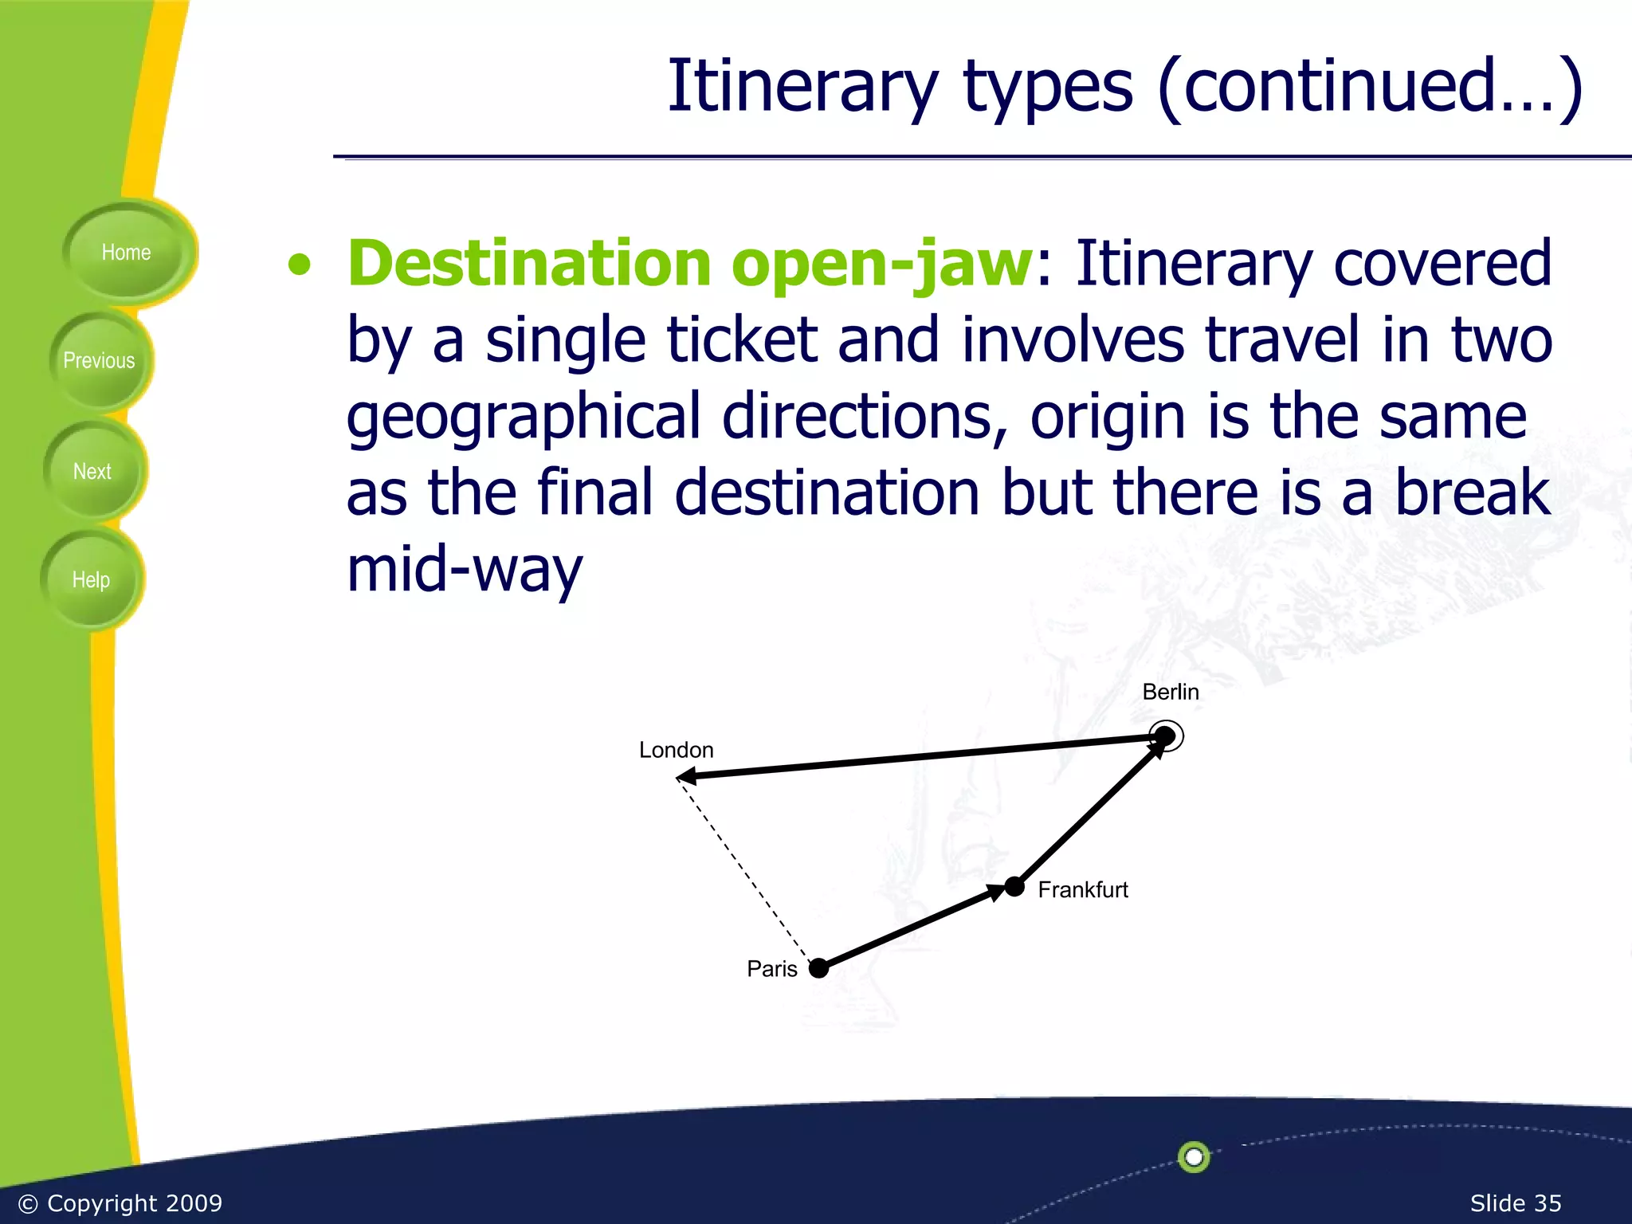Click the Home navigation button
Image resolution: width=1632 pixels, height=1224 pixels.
[126, 253]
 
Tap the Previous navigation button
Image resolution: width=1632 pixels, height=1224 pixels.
[99, 361]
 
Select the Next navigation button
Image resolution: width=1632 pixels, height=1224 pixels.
[92, 472]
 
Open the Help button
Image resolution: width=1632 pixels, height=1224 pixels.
[91, 580]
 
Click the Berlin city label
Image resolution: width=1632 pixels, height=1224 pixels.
[1170, 692]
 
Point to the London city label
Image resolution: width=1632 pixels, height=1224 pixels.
[676, 750]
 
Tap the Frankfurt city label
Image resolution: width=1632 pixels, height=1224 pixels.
[1082, 889]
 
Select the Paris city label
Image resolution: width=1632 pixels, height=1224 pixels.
[771, 969]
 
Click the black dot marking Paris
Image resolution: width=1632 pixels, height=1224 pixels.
[818, 969]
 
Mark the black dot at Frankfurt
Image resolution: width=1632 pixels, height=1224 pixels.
[1014, 886]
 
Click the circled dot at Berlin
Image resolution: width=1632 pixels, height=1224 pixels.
[1165, 736]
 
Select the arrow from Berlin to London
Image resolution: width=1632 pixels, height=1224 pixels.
[916, 756]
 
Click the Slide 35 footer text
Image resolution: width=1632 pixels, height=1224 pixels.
[1515, 1203]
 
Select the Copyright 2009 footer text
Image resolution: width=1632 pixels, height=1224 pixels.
[120, 1203]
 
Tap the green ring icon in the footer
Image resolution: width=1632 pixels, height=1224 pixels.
[1193, 1157]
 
